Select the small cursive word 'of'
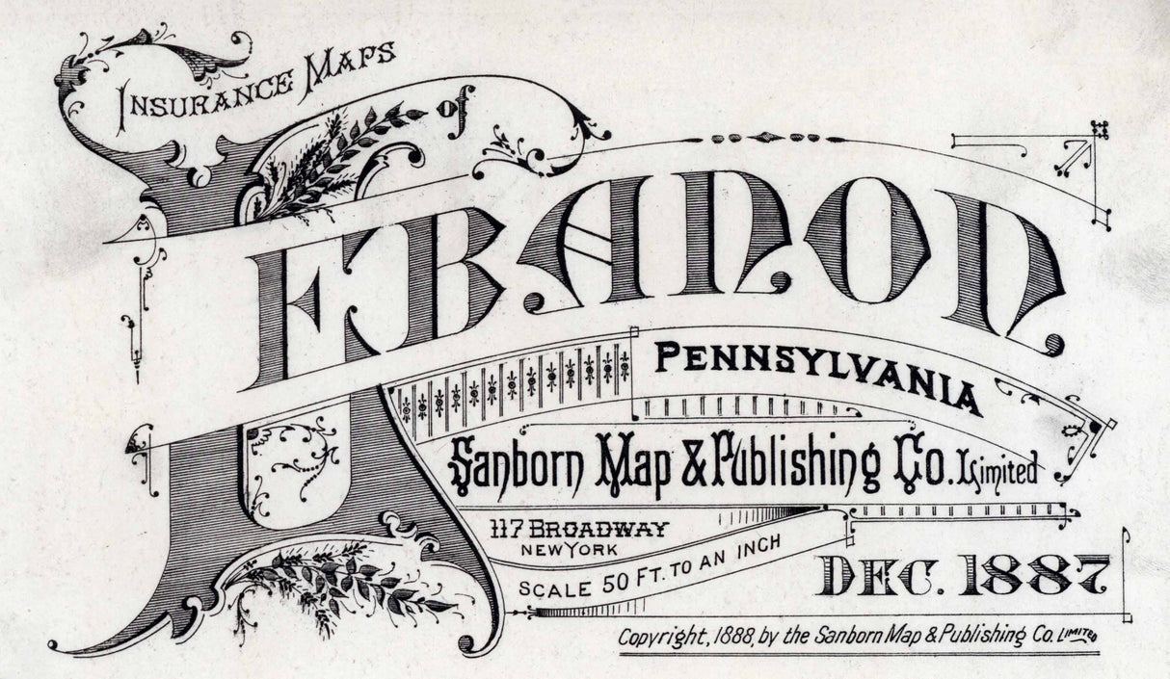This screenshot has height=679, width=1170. click(x=450, y=108)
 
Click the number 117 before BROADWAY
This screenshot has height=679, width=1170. click(x=505, y=529)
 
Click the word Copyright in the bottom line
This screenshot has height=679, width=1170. click(x=663, y=638)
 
